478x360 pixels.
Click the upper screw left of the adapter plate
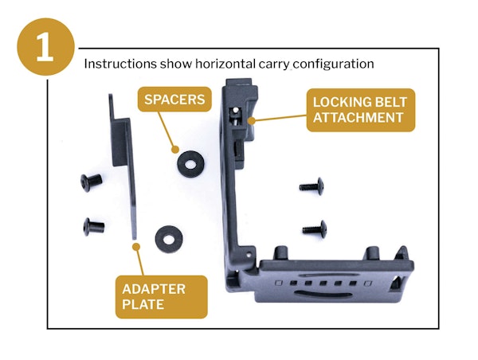(x=90, y=182)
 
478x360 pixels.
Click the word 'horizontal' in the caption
(x=215, y=63)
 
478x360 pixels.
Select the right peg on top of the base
(x=372, y=252)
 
